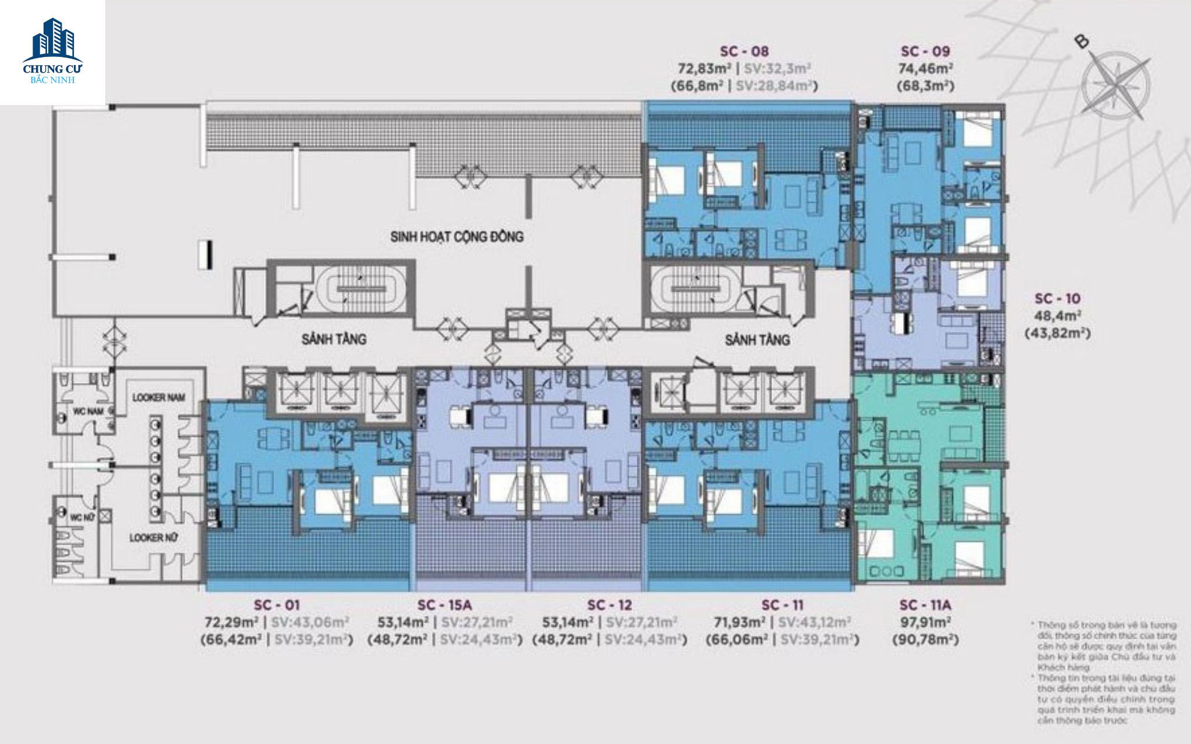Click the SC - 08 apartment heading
tap(744, 51)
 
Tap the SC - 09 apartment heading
tap(925, 51)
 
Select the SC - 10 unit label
tap(1057, 299)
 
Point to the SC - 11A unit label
tap(925, 605)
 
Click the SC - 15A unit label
tap(444, 605)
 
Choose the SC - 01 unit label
tap(276, 605)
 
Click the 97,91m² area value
tap(925, 622)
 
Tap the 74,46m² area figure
tap(925, 69)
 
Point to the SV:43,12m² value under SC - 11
tap(814, 622)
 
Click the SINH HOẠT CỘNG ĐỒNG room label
tap(457, 237)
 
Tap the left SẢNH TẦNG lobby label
tap(334, 339)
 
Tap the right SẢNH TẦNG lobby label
tap(757, 339)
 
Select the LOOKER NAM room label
tap(158, 398)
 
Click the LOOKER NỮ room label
tap(154, 538)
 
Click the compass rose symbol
tap(1115, 85)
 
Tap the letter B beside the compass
tap(1082, 41)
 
